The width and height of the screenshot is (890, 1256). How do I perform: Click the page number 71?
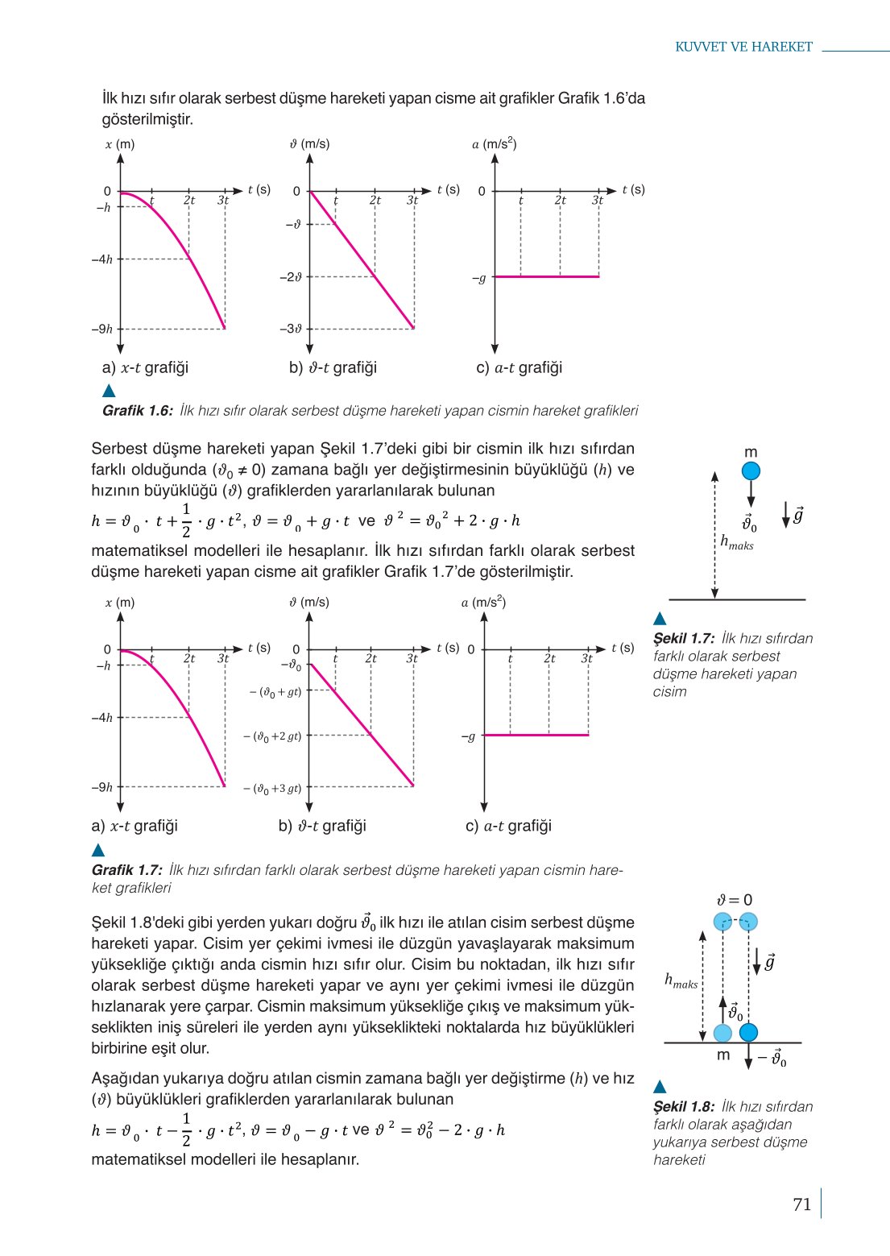click(801, 1204)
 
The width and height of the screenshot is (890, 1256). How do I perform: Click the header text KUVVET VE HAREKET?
click(743, 47)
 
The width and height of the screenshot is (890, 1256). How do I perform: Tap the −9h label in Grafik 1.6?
click(102, 329)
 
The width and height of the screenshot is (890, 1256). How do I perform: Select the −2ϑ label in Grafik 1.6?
click(291, 277)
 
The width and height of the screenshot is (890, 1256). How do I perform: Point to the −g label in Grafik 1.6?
click(479, 279)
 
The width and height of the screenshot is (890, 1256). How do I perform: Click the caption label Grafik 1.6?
click(137, 411)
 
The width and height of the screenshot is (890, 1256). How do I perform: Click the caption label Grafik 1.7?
click(126, 870)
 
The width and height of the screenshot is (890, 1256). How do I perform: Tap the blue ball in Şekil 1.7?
click(751, 470)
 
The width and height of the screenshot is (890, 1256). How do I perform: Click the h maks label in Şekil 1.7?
click(736, 542)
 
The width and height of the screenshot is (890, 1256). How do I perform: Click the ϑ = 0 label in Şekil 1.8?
click(735, 900)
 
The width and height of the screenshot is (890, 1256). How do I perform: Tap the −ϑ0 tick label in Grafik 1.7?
click(291, 666)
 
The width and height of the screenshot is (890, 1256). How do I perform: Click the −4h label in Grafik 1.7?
click(102, 718)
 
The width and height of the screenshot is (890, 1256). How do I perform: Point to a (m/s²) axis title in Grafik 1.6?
click(494, 144)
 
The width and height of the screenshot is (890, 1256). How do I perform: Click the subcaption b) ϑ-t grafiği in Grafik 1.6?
click(333, 367)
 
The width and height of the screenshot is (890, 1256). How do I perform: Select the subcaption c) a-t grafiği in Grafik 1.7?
click(508, 826)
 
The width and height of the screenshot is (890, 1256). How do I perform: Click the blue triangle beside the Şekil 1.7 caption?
click(660, 619)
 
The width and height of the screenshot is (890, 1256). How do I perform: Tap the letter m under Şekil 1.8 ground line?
click(722, 1055)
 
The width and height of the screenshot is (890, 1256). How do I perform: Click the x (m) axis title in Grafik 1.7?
click(119, 603)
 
